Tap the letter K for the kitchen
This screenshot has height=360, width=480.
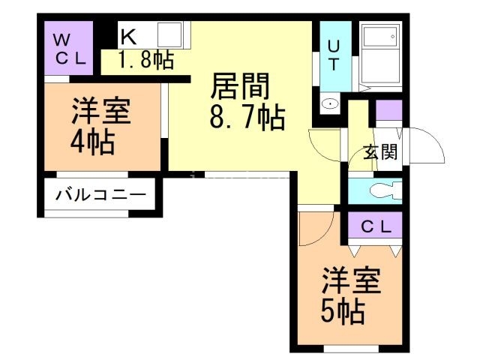[128, 35]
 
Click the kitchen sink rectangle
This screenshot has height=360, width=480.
[171, 35]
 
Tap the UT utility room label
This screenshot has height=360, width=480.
[331, 54]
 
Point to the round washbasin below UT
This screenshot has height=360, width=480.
[329, 103]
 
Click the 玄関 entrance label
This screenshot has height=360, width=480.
[380, 152]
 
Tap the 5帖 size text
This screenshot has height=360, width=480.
[343, 309]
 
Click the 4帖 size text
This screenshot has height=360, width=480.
[94, 141]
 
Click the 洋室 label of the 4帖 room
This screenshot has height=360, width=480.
[100, 112]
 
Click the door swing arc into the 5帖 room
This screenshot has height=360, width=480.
[309, 229]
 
